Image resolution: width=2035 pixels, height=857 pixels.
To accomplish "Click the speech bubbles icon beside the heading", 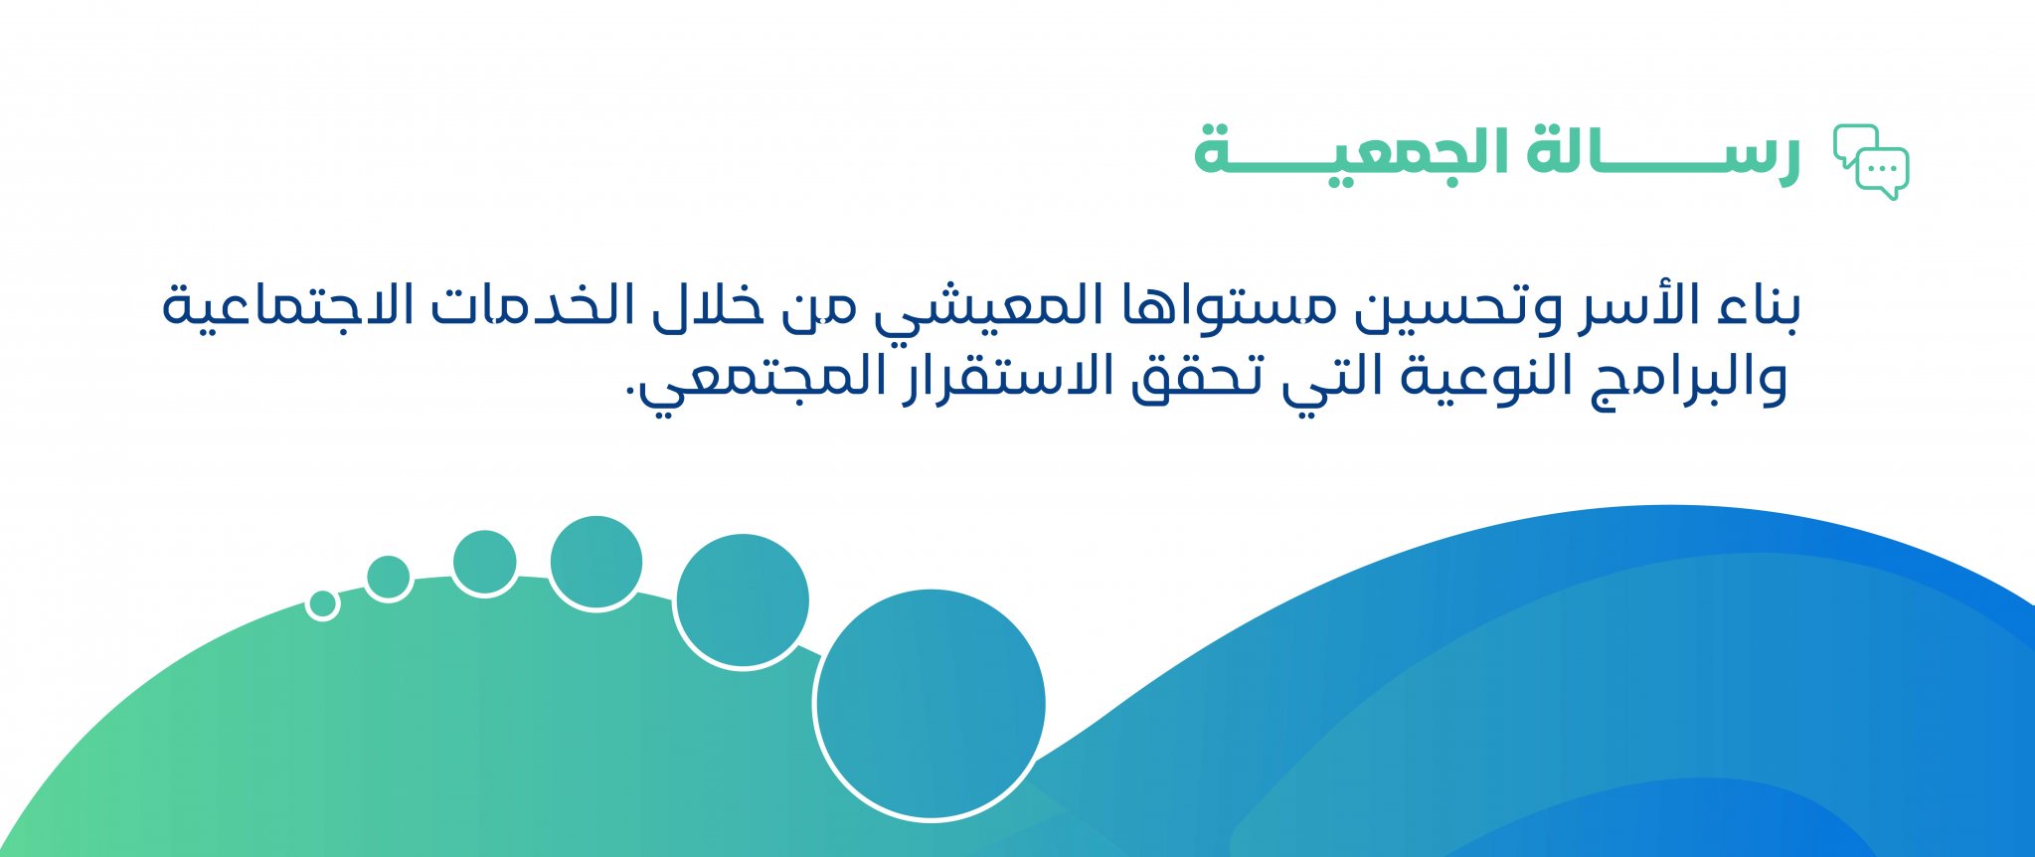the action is click(1871, 162).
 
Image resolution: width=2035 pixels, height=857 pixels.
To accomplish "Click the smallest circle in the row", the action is click(322, 603).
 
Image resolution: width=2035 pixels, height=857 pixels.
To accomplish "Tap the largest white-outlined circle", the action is click(931, 704).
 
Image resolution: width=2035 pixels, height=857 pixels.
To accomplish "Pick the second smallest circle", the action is click(388, 578).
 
